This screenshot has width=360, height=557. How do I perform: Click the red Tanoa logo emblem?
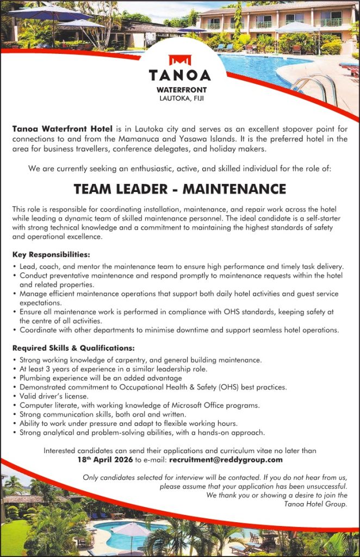179,59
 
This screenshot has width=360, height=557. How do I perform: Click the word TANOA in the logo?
179,74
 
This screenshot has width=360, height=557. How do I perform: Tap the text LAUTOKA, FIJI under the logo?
179,98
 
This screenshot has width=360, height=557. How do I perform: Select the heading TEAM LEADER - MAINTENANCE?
179,189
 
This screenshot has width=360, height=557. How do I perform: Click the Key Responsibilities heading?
51,254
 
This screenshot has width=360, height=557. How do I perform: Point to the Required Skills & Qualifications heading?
73,348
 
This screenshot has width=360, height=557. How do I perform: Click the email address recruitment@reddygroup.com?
226,460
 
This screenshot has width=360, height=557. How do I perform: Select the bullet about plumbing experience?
101,377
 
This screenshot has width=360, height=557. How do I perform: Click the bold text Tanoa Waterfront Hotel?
62,129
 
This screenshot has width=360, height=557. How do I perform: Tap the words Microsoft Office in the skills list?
185,405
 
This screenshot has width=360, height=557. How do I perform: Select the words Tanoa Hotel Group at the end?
315,504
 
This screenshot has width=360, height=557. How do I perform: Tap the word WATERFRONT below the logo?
179,90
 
